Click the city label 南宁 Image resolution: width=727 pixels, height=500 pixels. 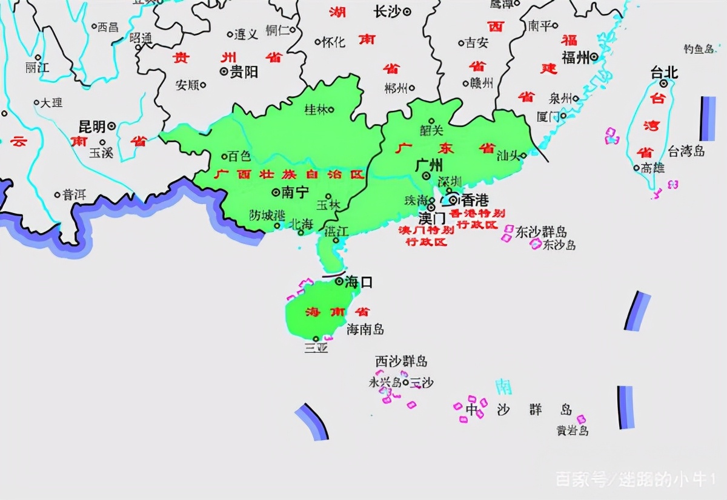296,192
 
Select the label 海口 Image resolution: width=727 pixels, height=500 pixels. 359,281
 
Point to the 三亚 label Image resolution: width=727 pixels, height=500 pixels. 316,348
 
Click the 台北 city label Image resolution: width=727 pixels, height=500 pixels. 664,73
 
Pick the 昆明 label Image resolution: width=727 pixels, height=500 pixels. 92,127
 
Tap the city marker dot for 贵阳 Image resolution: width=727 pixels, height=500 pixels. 224,71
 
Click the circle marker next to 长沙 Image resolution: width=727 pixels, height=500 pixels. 407,11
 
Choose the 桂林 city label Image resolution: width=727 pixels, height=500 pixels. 316,110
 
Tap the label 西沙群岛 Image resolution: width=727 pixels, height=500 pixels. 401,361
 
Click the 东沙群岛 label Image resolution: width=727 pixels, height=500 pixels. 541,232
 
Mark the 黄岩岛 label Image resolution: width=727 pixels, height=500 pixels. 573,431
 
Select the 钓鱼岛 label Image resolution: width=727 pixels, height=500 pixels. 698,49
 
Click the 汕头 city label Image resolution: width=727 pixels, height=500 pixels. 508,156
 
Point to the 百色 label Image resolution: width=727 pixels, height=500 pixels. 238,156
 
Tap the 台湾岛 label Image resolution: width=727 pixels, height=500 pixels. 686,151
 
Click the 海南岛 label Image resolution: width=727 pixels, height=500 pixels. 365,329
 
